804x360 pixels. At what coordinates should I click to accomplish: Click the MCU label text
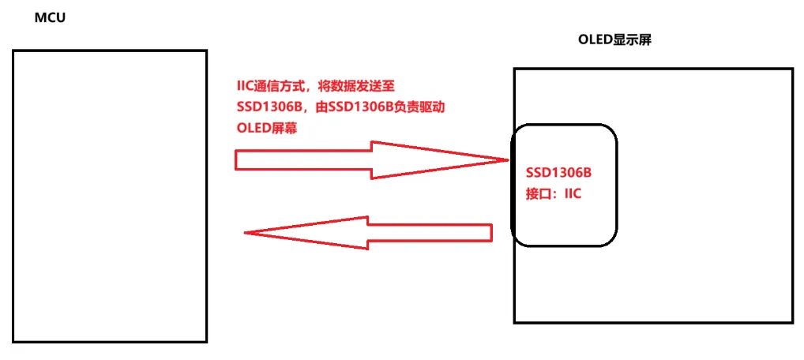pyautogui.click(x=49, y=17)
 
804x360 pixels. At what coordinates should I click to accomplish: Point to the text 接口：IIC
pyautogui.click(x=554, y=194)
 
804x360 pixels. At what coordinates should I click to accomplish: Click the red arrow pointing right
pyautogui.click(x=371, y=160)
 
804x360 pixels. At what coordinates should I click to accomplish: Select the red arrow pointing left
pyautogui.click(x=368, y=233)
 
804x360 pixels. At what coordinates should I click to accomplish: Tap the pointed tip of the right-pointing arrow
pyautogui.click(x=506, y=160)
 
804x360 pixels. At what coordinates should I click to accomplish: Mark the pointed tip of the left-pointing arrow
pyautogui.click(x=246, y=233)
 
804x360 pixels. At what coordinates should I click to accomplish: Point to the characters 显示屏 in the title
pyautogui.click(x=634, y=40)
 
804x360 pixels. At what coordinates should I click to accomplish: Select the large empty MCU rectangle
pyautogui.click(x=110, y=196)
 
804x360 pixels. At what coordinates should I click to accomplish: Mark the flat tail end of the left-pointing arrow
pyautogui.click(x=490, y=233)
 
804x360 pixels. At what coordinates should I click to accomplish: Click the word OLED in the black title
pyautogui.click(x=594, y=40)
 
